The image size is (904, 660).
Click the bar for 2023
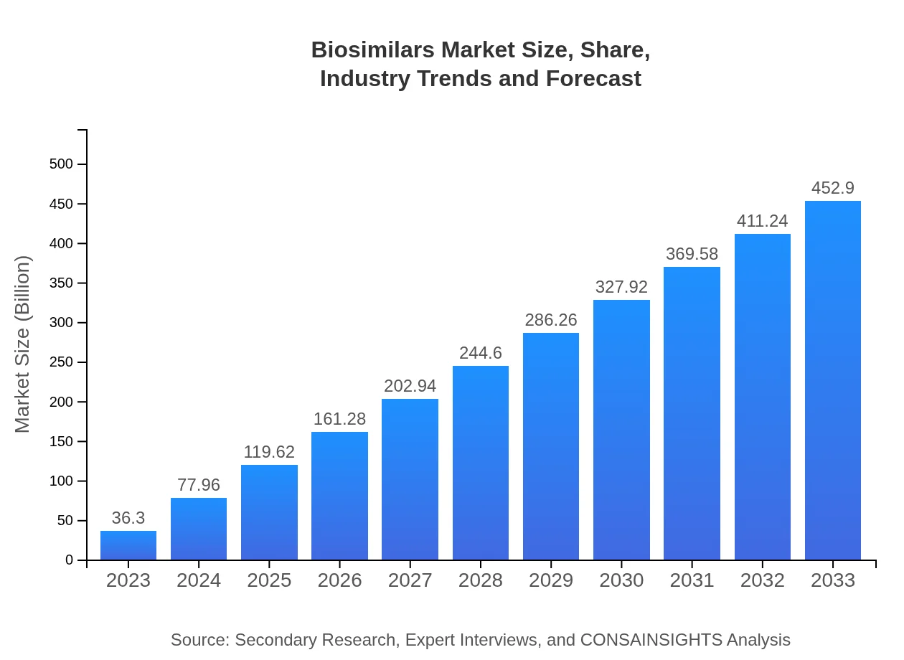[x=128, y=545]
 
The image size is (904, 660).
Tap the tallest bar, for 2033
[x=832, y=380]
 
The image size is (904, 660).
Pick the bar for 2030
[x=621, y=430]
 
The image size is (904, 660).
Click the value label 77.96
[x=199, y=485]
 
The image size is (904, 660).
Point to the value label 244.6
[x=481, y=353]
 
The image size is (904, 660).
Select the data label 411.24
[x=762, y=221]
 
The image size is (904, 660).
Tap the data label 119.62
[x=269, y=452]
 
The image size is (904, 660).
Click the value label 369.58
[x=692, y=254]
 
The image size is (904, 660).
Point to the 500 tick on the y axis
[x=61, y=164]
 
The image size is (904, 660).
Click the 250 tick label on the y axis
[x=61, y=362]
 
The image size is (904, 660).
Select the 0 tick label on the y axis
[x=70, y=560]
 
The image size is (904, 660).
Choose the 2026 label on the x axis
[x=339, y=580]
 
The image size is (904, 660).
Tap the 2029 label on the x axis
[x=551, y=580]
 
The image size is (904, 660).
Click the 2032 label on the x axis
[x=762, y=580]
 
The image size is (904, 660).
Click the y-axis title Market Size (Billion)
[x=23, y=344]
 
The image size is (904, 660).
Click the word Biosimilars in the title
[x=373, y=50]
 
